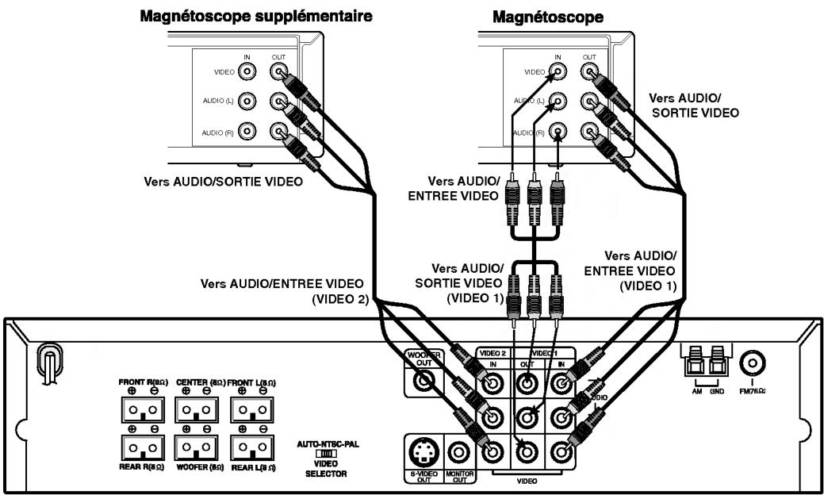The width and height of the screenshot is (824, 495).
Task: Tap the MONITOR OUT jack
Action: tap(461, 453)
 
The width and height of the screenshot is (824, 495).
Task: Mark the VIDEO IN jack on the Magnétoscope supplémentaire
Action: tap(248, 71)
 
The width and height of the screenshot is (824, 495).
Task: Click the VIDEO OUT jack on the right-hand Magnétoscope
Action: tap(590, 71)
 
